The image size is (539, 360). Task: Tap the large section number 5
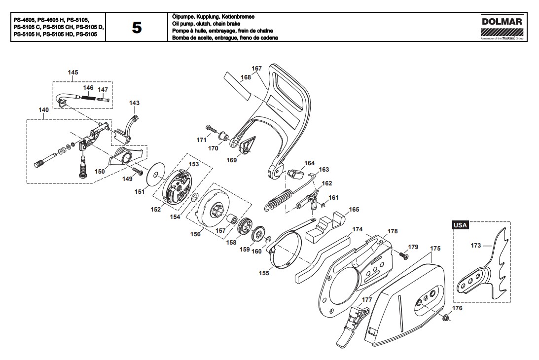tap(137, 28)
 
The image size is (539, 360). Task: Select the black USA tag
tap(460, 225)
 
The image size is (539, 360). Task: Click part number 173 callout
tap(476, 246)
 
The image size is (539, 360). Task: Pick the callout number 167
tap(257, 69)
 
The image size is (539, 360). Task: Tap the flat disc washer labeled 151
tap(156, 174)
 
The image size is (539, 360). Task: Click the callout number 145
tap(73, 72)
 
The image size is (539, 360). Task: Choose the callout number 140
tap(44, 109)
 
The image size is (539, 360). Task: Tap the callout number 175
tap(435, 248)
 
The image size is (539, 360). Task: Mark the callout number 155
tap(264, 273)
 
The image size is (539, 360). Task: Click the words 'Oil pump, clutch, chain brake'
tap(206, 24)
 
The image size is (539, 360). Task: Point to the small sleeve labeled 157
tap(233, 218)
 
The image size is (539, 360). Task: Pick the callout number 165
tap(354, 210)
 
